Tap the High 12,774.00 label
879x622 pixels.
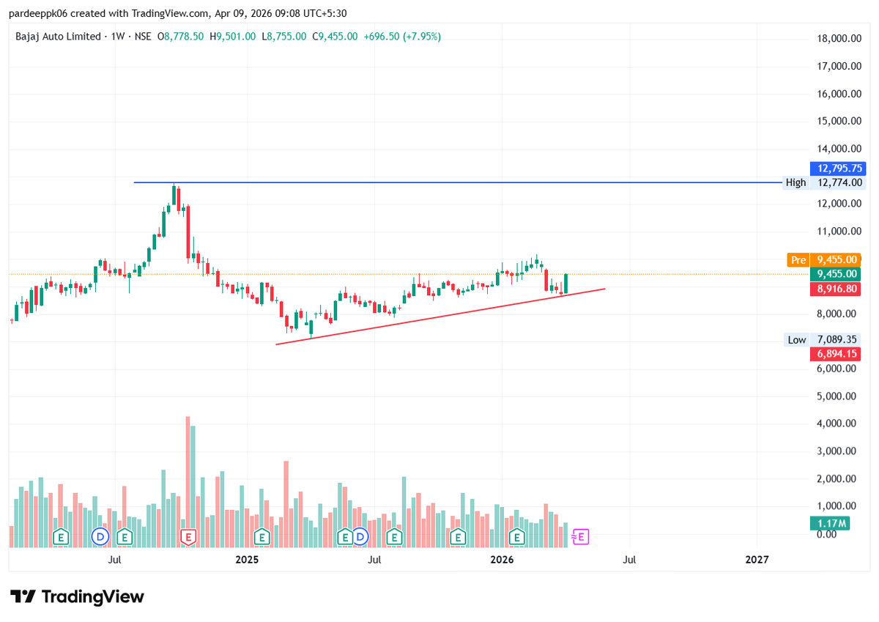(823, 182)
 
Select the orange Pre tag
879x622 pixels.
(798, 259)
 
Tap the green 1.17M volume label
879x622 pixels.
(829, 523)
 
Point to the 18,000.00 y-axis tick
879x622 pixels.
(839, 38)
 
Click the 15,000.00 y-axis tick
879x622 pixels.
(839, 121)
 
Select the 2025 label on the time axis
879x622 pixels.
(247, 560)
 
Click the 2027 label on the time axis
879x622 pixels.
(757, 560)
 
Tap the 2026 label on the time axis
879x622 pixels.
(502, 560)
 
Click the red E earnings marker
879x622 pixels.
(188, 537)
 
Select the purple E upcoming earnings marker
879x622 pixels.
(580, 537)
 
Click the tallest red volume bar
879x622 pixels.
(188, 480)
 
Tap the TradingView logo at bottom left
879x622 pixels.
(77, 597)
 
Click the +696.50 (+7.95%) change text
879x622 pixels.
(402, 36)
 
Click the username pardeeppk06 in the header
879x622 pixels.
(37, 13)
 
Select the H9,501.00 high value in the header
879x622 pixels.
(232, 36)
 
